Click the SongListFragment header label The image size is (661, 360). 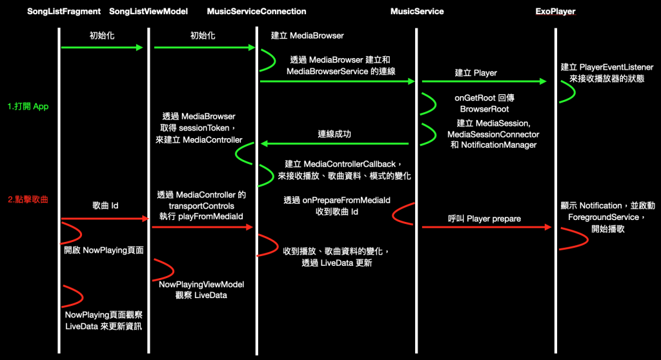coord(64,12)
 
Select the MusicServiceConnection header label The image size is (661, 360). coord(257,12)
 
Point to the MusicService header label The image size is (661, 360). coord(417,12)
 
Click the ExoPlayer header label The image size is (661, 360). coord(556,12)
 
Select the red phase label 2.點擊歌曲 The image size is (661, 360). coord(29,199)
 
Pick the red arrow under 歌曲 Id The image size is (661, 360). coord(105,219)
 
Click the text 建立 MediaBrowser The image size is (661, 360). coord(307,35)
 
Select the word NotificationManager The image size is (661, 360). coord(499,145)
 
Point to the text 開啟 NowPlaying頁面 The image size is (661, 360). coord(103,250)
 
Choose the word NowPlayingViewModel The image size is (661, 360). coord(201,284)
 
